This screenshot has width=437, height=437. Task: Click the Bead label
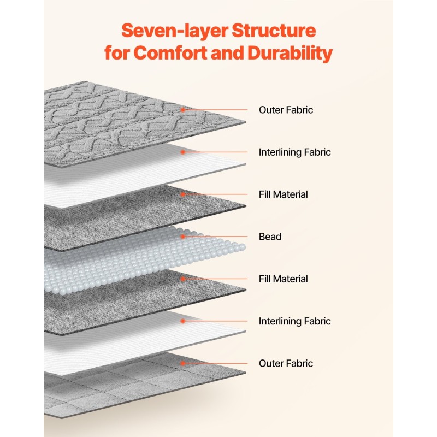[270, 237]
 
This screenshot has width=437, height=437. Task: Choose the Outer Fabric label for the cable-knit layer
[286, 110]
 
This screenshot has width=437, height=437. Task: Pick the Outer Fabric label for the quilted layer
[286, 363]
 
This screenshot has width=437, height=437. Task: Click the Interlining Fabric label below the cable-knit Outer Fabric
[294, 152]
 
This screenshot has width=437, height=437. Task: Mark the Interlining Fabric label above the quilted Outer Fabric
[294, 321]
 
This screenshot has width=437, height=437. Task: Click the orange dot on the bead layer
[183, 237]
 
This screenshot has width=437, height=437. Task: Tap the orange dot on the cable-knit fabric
[183, 110]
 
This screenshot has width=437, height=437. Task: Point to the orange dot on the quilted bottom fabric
[183, 363]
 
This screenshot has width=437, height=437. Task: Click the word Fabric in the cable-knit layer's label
[301, 110]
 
